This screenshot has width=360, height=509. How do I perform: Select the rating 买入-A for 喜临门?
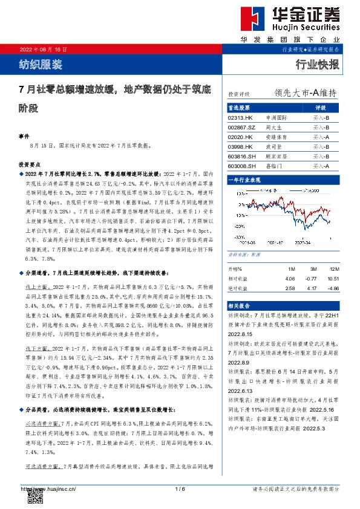(x=320, y=166)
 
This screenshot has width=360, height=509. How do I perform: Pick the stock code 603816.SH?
(x=240, y=156)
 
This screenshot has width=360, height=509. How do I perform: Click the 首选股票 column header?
(x=238, y=107)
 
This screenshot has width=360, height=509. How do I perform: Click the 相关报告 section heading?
(x=238, y=306)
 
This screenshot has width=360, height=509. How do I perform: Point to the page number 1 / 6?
(x=179, y=488)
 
